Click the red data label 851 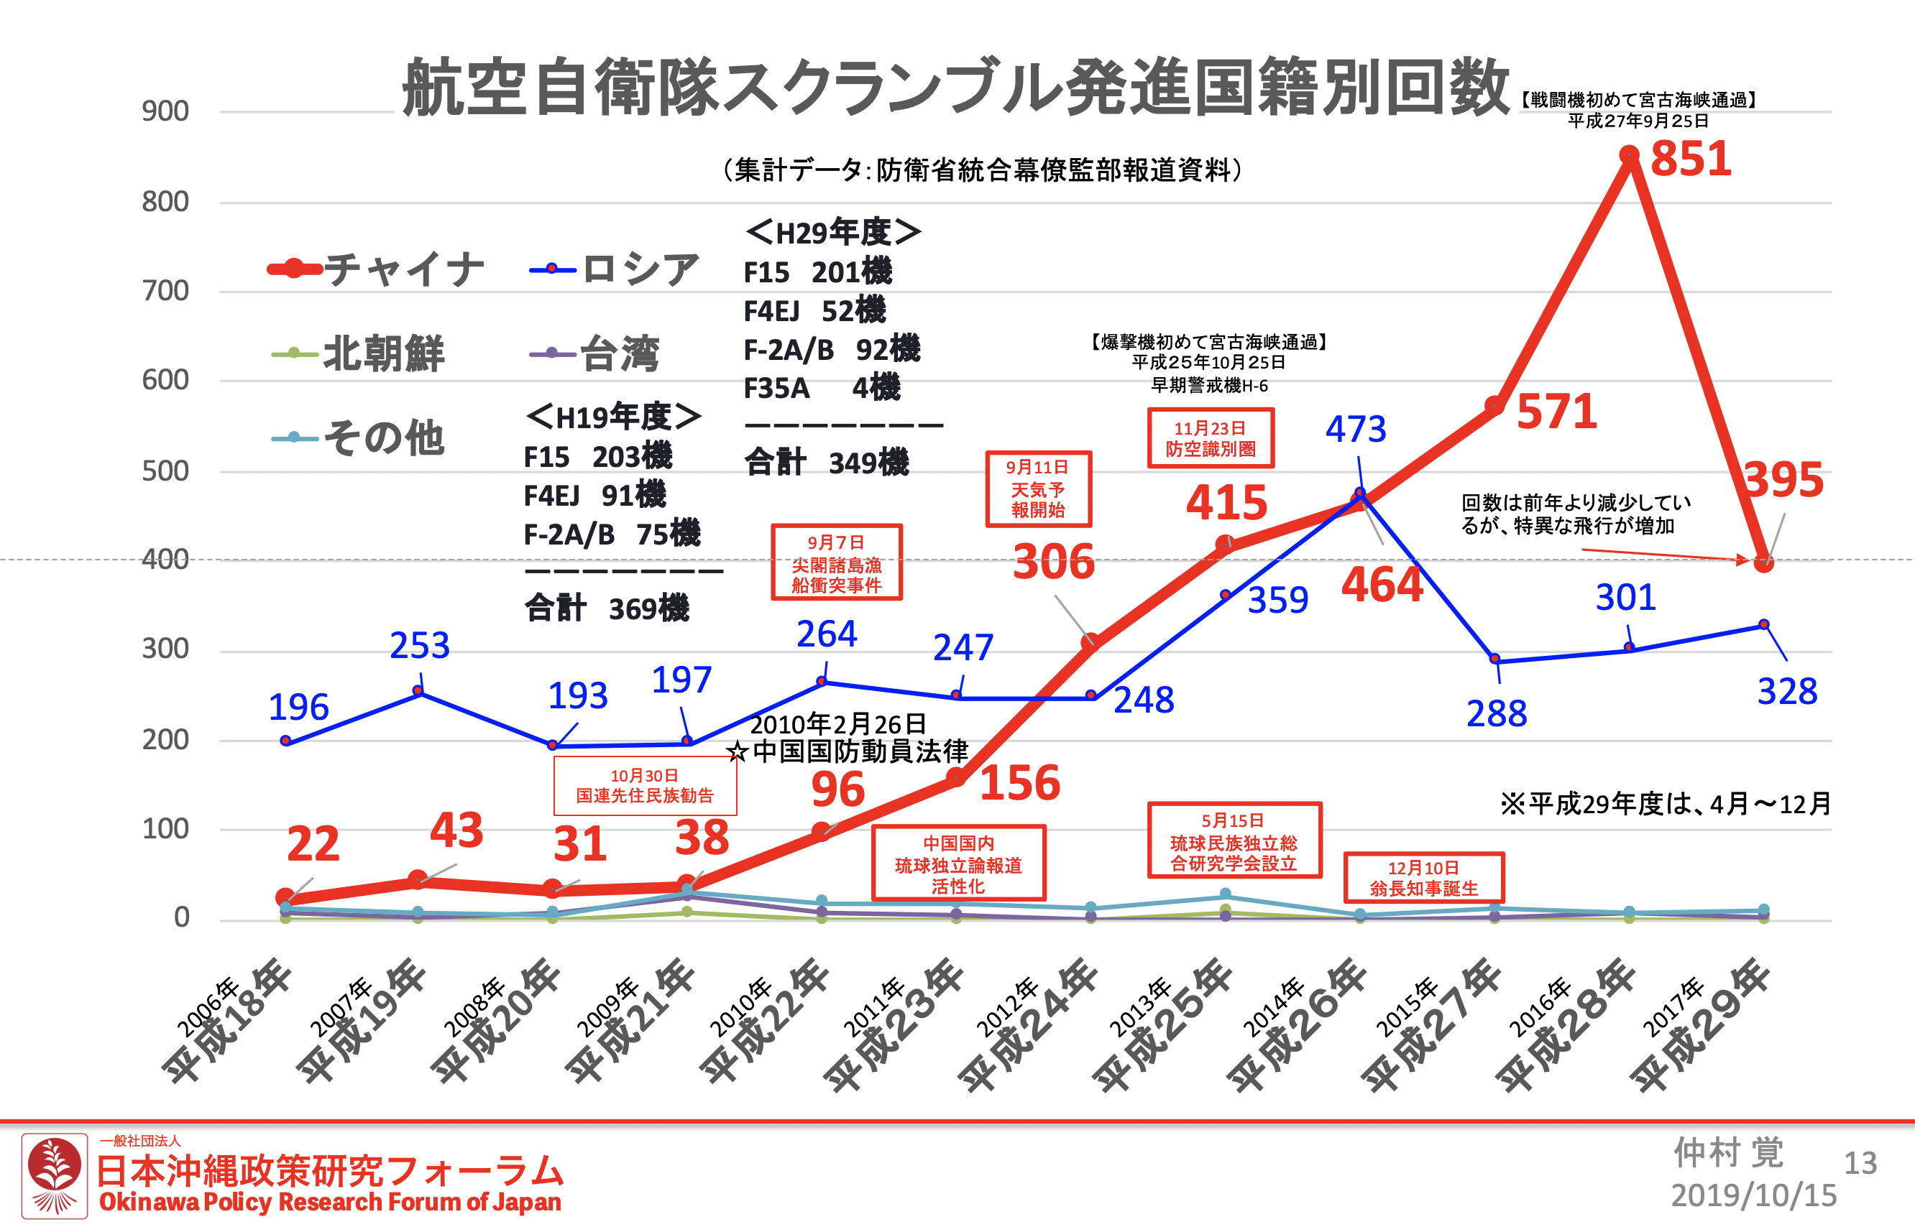(x=1690, y=159)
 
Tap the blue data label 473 (x=1355, y=430)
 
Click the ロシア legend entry (x=615, y=269)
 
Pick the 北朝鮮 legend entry (x=358, y=353)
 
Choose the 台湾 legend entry (x=594, y=353)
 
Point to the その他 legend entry (x=358, y=437)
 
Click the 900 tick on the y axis (x=165, y=111)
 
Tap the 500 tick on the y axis (x=165, y=471)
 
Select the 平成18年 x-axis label (x=227, y=1024)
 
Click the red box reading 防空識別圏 (x=1211, y=438)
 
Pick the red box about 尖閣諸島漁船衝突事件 (x=836, y=562)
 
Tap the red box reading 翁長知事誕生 (x=1424, y=878)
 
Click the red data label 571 (x=1556, y=412)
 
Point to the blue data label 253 (x=419, y=645)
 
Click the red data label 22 (x=313, y=844)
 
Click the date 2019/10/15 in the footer (x=1753, y=1196)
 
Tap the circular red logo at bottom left (x=54, y=1176)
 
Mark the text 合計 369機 (x=607, y=608)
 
